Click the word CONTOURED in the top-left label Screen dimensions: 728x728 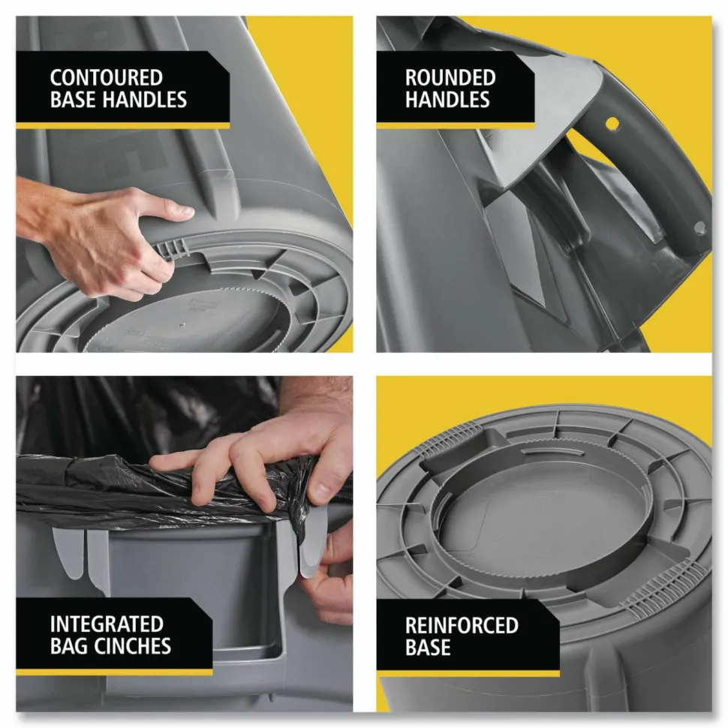(107, 77)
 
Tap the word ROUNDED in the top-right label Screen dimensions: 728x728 (450, 77)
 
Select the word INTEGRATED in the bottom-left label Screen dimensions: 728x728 (107, 624)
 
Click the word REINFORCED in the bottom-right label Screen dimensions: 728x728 (462, 625)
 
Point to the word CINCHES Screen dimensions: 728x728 (134, 646)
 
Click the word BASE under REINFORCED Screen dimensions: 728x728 (428, 648)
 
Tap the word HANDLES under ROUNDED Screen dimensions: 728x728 (447, 100)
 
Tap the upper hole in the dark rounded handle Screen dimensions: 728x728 (612, 124)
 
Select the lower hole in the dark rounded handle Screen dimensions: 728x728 (699, 227)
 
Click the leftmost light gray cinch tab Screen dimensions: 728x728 (68, 552)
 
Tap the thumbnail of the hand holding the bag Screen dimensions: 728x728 (320, 490)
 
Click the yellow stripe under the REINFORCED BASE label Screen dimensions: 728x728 (468, 673)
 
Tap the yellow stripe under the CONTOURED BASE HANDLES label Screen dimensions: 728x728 (122, 126)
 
